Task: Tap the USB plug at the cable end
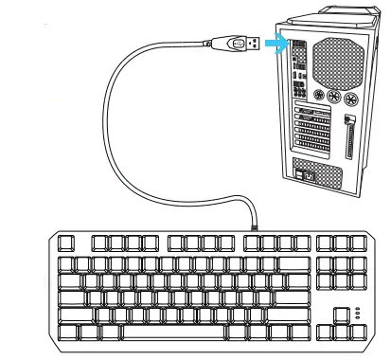242,44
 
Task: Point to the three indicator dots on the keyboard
357,315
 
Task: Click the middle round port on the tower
333,98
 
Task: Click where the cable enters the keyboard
258,225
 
